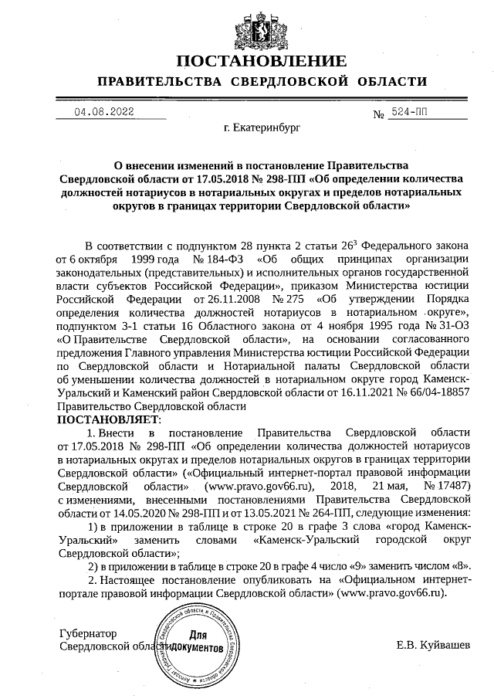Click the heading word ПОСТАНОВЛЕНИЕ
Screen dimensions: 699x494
tap(261, 61)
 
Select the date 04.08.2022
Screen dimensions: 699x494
tap(104, 111)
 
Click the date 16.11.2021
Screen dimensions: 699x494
tap(361, 392)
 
